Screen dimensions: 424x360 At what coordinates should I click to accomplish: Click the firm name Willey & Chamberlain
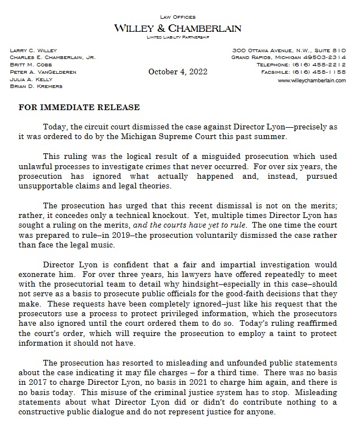tap(178, 28)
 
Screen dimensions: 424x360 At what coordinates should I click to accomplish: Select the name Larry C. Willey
tap(34, 51)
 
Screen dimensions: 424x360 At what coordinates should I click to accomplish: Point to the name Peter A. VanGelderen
tap(43, 73)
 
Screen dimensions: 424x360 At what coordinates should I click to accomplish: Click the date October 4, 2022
tap(178, 72)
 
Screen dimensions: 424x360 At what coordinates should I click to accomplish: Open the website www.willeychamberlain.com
tap(311, 81)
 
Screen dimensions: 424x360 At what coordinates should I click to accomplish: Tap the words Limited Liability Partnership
tap(178, 37)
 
